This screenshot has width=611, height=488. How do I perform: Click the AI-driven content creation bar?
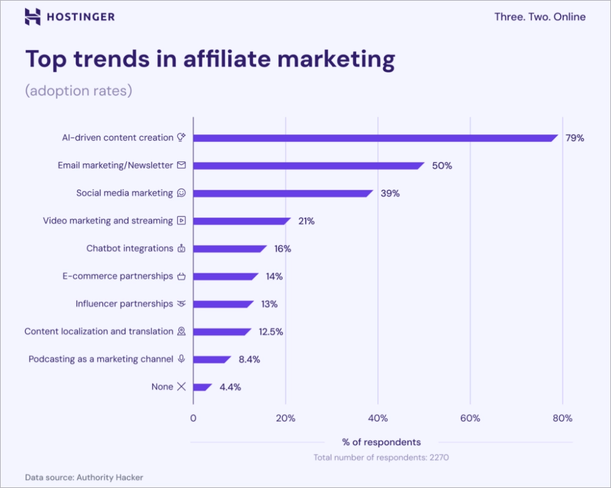tap(375, 138)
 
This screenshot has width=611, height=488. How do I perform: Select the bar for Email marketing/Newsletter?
tap(309, 166)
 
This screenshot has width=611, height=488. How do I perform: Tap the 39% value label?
tap(390, 193)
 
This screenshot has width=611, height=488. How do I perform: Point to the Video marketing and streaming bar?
tap(241, 221)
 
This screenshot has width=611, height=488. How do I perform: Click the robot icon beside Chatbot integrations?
tap(181, 248)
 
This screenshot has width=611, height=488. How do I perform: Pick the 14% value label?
tap(274, 276)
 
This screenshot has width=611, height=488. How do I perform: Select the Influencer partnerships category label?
tap(124, 303)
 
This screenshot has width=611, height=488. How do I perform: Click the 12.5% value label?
tap(271, 331)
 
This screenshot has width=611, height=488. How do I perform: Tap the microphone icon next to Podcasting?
tap(181, 359)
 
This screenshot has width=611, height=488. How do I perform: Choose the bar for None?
tap(202, 387)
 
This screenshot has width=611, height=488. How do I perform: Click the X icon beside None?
tap(181, 386)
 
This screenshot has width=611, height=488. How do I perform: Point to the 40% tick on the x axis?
tap(378, 418)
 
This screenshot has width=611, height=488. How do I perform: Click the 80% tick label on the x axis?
tap(562, 418)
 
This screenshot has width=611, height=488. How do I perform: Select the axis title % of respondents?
tap(381, 442)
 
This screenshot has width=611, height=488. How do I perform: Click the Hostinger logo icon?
tap(33, 17)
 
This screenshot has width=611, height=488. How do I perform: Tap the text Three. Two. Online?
tap(540, 17)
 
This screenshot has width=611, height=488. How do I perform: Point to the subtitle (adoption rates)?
tap(78, 91)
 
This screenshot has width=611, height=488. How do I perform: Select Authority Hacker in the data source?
tap(110, 477)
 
